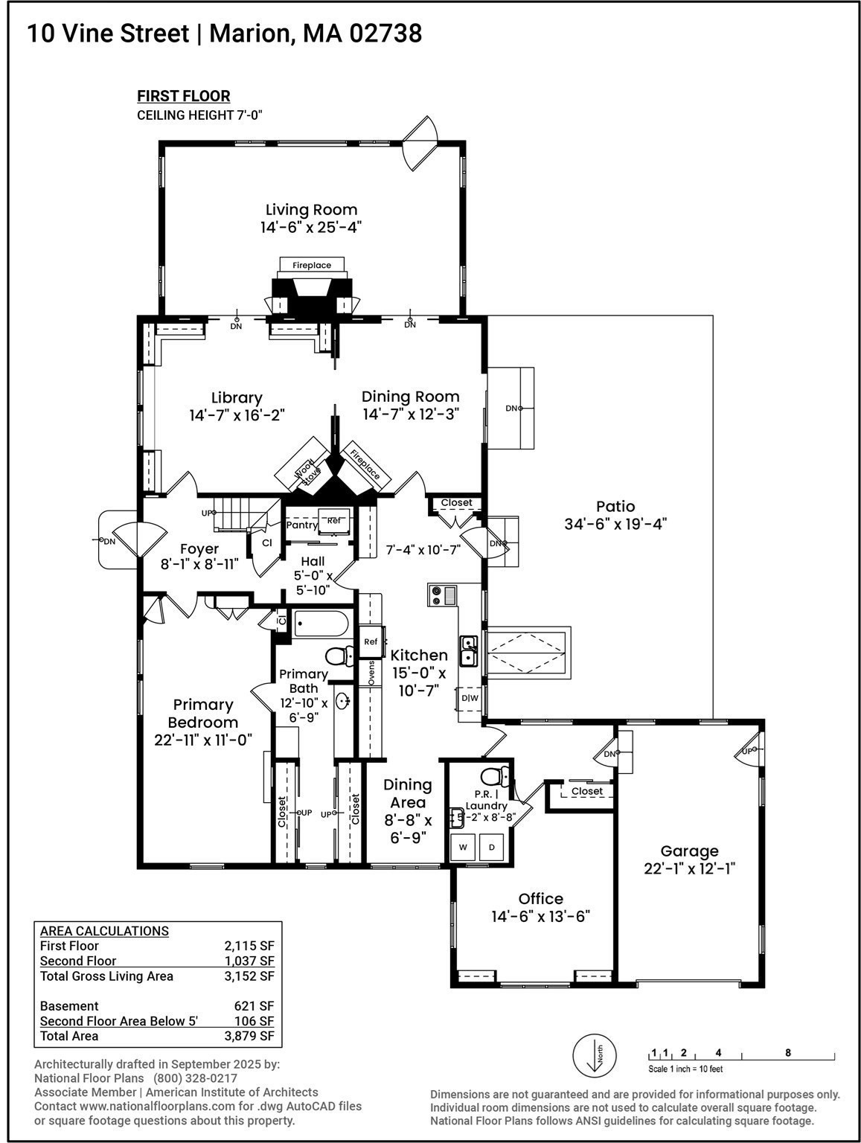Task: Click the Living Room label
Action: (311, 210)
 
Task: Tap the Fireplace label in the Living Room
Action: (311, 265)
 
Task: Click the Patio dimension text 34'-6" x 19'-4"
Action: (615, 524)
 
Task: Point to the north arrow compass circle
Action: (594, 1055)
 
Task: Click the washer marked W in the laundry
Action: (463, 847)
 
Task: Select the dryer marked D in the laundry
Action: (491, 847)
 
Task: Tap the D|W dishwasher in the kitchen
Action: (470, 698)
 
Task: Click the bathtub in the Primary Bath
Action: (320, 624)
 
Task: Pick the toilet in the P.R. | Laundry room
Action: (492, 776)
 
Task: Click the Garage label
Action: (689, 851)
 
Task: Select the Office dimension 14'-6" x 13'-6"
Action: (540, 916)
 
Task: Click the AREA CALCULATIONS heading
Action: (104, 931)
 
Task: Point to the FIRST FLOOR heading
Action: (183, 96)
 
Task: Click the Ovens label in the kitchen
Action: (371, 673)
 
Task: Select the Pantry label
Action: (302, 525)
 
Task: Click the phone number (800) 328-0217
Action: (195, 1078)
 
